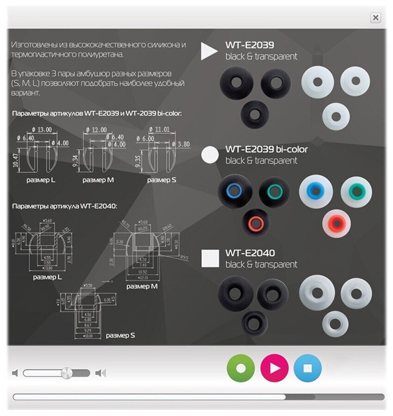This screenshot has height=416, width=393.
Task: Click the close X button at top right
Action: (x=375, y=18)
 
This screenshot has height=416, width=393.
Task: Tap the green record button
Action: (x=241, y=368)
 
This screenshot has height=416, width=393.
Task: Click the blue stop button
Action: (x=308, y=368)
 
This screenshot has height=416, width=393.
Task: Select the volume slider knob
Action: (x=67, y=373)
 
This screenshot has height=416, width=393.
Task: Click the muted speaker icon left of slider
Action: (x=15, y=373)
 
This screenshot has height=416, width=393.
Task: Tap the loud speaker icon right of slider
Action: (x=100, y=373)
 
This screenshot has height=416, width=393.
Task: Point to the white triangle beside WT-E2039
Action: (x=209, y=51)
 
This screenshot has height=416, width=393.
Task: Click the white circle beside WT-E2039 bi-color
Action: (x=210, y=155)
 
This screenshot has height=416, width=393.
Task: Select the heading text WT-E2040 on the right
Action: (x=250, y=253)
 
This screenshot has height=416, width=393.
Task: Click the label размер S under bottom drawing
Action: (x=120, y=335)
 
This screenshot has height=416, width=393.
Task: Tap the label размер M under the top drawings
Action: (x=98, y=180)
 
